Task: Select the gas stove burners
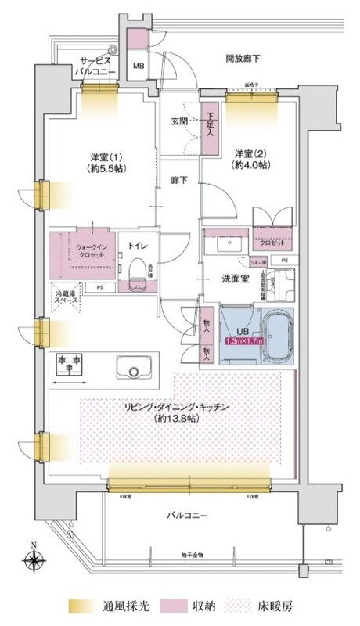point(67,362)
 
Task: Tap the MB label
point(138,66)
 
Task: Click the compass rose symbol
point(33,559)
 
